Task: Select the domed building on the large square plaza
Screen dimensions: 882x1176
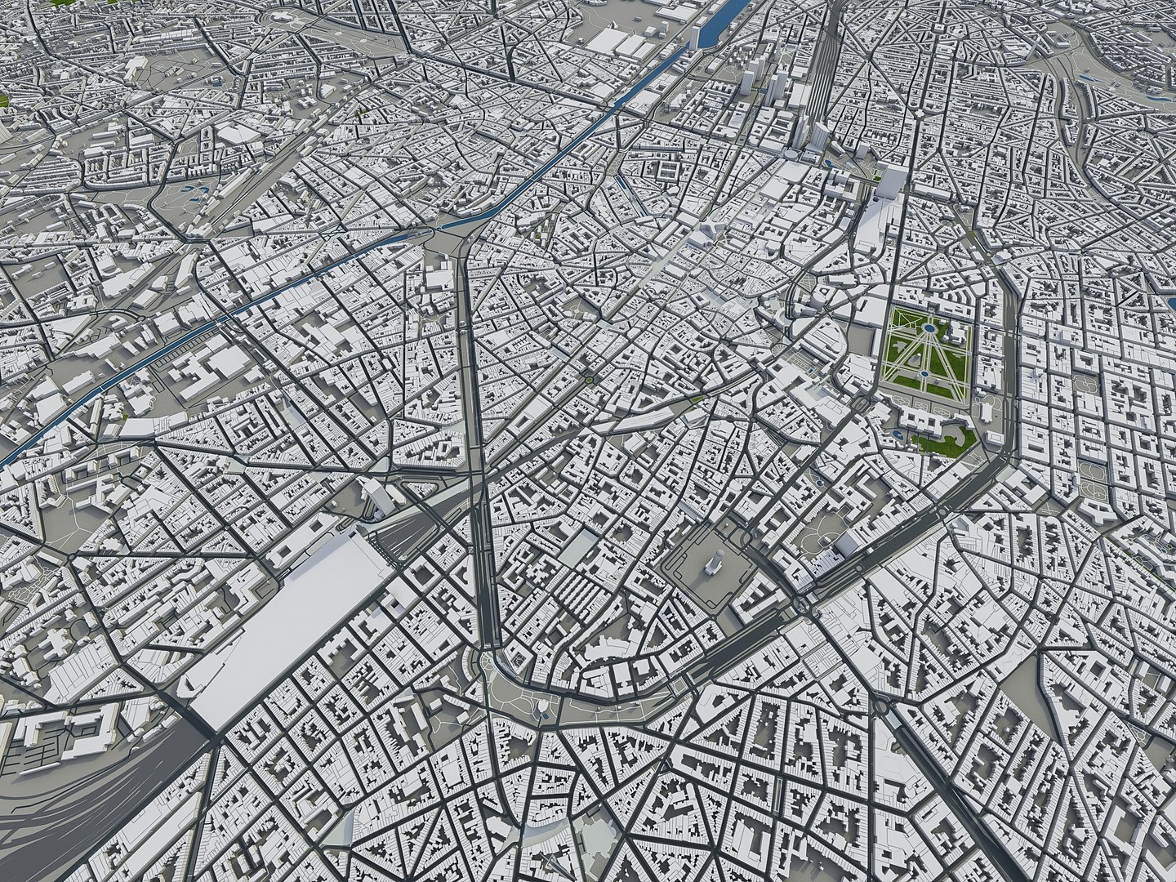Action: click(714, 563)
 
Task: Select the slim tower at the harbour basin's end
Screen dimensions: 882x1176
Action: click(695, 37)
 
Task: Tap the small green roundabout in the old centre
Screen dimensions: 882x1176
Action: click(588, 379)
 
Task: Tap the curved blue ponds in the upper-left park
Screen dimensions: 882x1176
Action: click(194, 193)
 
